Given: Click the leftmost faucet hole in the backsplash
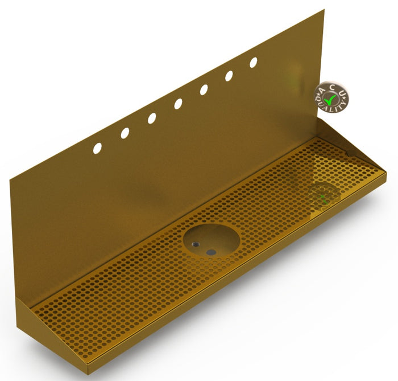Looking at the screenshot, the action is (97, 148).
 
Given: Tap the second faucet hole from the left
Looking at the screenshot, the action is (125, 133).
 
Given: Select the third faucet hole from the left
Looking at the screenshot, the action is (152, 118).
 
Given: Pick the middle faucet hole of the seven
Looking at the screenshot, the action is (178, 104).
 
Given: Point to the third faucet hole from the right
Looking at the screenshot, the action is (204, 90).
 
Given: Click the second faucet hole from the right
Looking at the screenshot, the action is (229, 76).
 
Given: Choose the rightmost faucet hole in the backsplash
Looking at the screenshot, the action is (254, 63).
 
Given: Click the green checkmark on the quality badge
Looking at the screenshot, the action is (330, 100).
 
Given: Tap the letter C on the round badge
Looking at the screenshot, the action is (333, 87).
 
